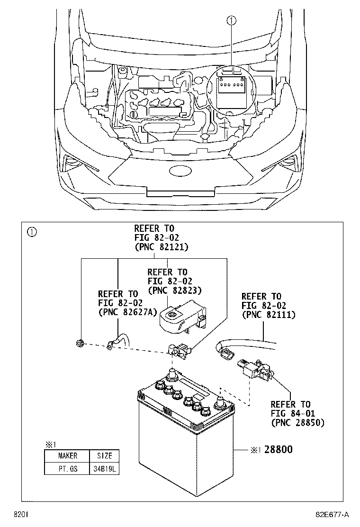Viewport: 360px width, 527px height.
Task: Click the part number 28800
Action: (278, 449)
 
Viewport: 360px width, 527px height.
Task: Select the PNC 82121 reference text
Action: (161, 247)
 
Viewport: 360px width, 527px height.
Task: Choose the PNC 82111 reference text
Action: (268, 314)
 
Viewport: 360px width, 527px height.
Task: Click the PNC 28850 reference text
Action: (297, 422)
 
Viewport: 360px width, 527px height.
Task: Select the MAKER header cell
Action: (67, 456)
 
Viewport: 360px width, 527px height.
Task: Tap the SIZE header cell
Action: (104, 456)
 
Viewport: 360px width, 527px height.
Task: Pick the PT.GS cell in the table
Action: (67, 469)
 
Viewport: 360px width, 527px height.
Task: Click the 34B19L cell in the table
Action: (104, 469)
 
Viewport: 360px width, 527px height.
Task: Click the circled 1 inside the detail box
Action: (31, 232)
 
